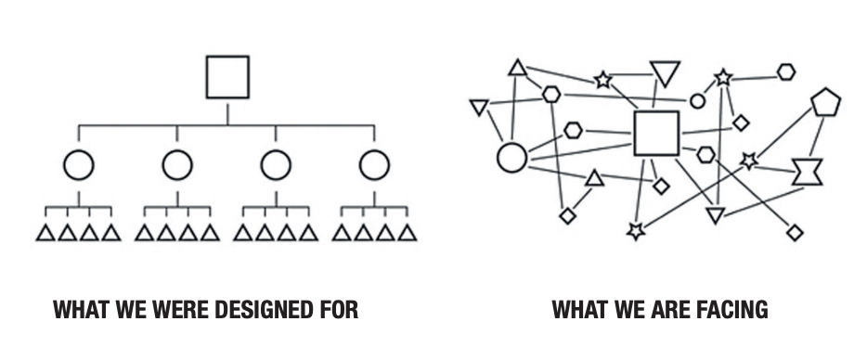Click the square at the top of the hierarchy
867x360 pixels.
[x=227, y=76]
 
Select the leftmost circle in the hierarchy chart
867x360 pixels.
[x=79, y=165]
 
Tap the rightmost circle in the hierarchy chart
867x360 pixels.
[x=374, y=165]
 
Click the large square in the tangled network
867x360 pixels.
[x=657, y=133]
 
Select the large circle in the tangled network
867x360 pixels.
[x=511, y=157]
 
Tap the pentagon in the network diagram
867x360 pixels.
[x=824, y=102]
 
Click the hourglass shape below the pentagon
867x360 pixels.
[x=808, y=172]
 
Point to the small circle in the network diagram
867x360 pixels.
[x=698, y=101]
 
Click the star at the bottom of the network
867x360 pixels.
[x=636, y=231]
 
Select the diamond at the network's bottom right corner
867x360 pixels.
[x=795, y=232]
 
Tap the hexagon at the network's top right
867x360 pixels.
[x=786, y=71]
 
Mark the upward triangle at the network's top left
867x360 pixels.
[x=518, y=68]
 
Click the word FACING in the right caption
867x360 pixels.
[x=732, y=310]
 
